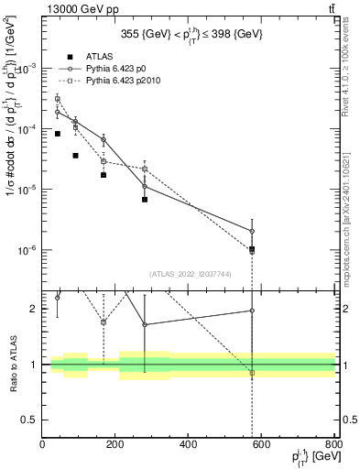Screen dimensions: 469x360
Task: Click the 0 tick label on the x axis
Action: pyautogui.click(x=43, y=445)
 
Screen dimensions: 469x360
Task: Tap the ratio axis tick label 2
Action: pyautogui.click(x=35, y=309)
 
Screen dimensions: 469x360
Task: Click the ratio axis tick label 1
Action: pyautogui.click(x=35, y=365)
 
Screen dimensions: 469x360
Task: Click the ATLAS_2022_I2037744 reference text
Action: pyautogui.click(x=189, y=274)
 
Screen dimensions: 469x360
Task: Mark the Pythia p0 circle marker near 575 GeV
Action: pyautogui.click(x=252, y=231)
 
